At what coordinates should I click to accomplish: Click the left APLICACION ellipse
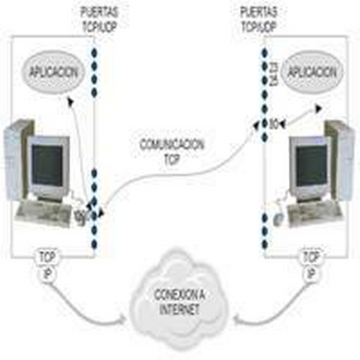(x=54, y=71)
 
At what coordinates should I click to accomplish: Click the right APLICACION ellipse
(x=311, y=71)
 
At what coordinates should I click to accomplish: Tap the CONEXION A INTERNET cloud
(x=181, y=301)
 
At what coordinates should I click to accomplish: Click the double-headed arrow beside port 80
(x=301, y=117)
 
